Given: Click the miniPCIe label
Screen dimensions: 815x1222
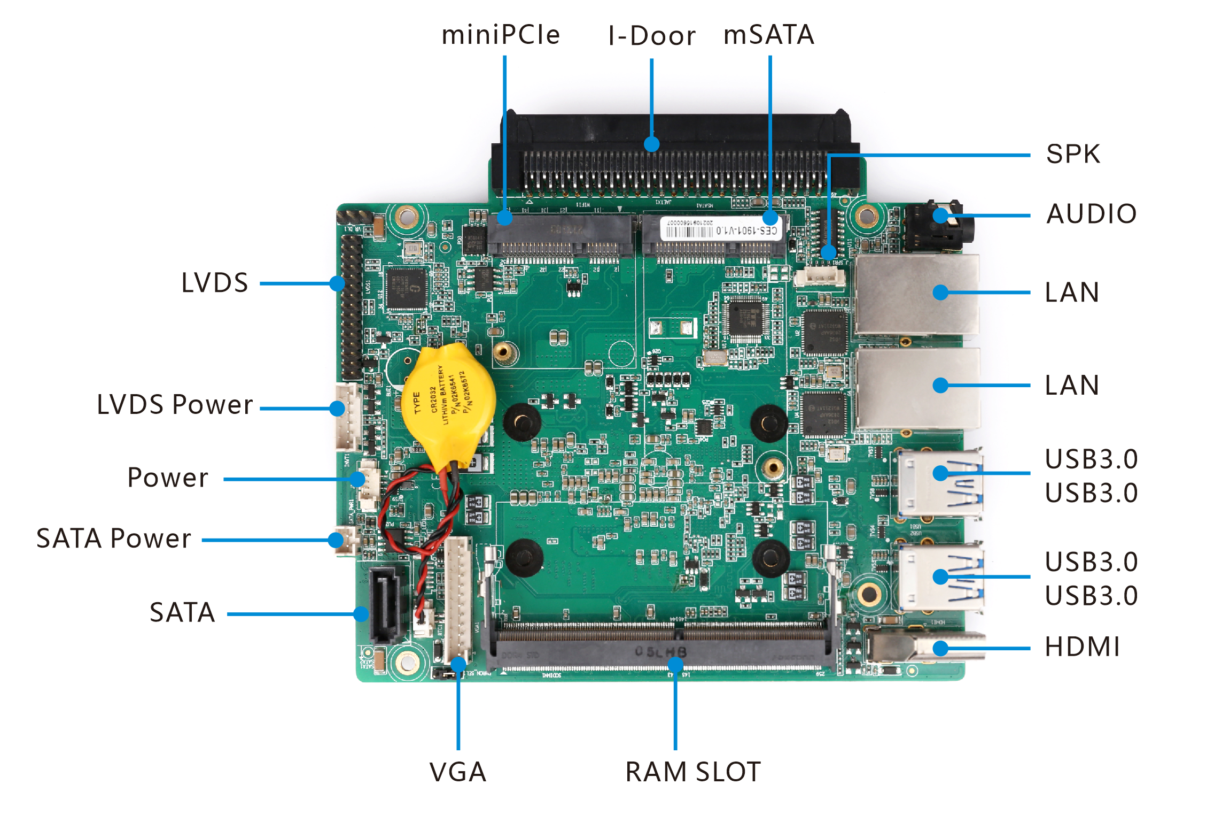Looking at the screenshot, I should point(501,35).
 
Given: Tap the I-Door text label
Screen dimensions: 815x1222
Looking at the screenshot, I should point(652,36).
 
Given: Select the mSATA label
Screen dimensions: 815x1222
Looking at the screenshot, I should point(768,35).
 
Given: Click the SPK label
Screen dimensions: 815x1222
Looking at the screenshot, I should point(1073,154).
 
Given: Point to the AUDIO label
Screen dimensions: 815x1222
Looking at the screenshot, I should point(1091,214).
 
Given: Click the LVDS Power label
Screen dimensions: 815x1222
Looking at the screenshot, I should point(175,405).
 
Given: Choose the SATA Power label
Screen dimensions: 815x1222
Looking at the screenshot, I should point(113,539).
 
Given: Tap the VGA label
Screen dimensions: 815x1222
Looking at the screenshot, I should point(458,772).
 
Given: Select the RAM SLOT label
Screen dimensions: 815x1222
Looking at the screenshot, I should point(693,772).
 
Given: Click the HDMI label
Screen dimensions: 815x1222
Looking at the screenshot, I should point(1082,647).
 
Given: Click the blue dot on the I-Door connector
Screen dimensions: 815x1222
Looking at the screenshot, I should point(651,144).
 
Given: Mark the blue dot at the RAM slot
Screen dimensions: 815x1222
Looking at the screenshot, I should point(675,664).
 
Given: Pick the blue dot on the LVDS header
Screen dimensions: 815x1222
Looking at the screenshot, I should point(337,283).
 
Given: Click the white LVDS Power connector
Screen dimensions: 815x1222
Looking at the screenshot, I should point(347,417).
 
